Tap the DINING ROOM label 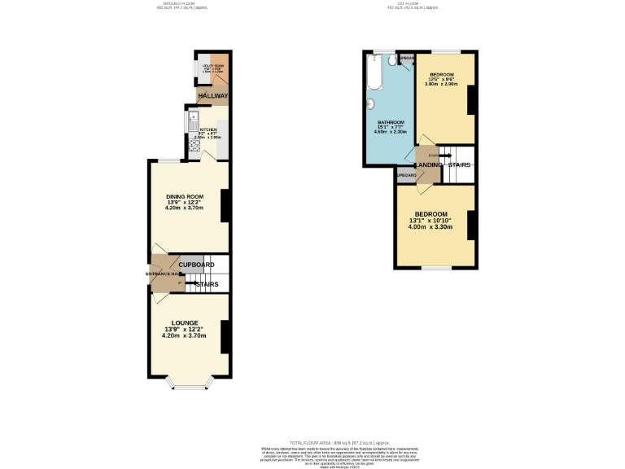(x=184, y=196)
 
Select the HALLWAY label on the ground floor (x=212, y=96)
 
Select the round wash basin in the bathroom (x=371, y=103)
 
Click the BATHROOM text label (x=390, y=122)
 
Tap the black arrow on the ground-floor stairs (x=199, y=284)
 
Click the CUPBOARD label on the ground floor (x=196, y=265)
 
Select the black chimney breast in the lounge (x=225, y=336)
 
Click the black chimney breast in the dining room (x=225, y=205)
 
